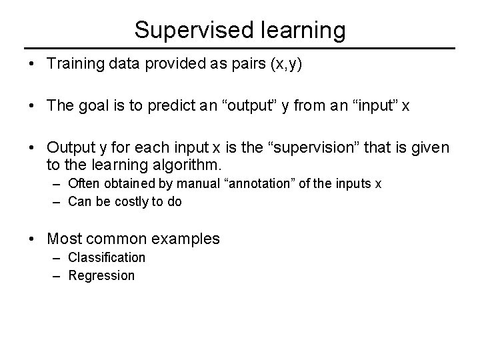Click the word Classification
(x=107, y=257)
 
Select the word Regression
(x=101, y=275)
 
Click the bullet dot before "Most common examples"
(x=31, y=238)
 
